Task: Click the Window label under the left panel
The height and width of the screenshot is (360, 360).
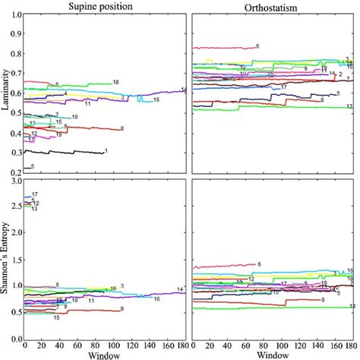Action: (104, 354)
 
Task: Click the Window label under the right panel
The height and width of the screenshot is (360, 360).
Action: (273, 354)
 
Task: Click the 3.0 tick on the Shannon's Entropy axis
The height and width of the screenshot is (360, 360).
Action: (16, 182)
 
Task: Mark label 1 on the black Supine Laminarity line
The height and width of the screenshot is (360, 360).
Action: (106, 152)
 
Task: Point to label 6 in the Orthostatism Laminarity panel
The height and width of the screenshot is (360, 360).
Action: (257, 47)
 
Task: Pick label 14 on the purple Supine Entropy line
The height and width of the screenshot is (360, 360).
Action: (180, 289)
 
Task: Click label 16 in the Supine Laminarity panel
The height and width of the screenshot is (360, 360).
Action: (156, 99)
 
